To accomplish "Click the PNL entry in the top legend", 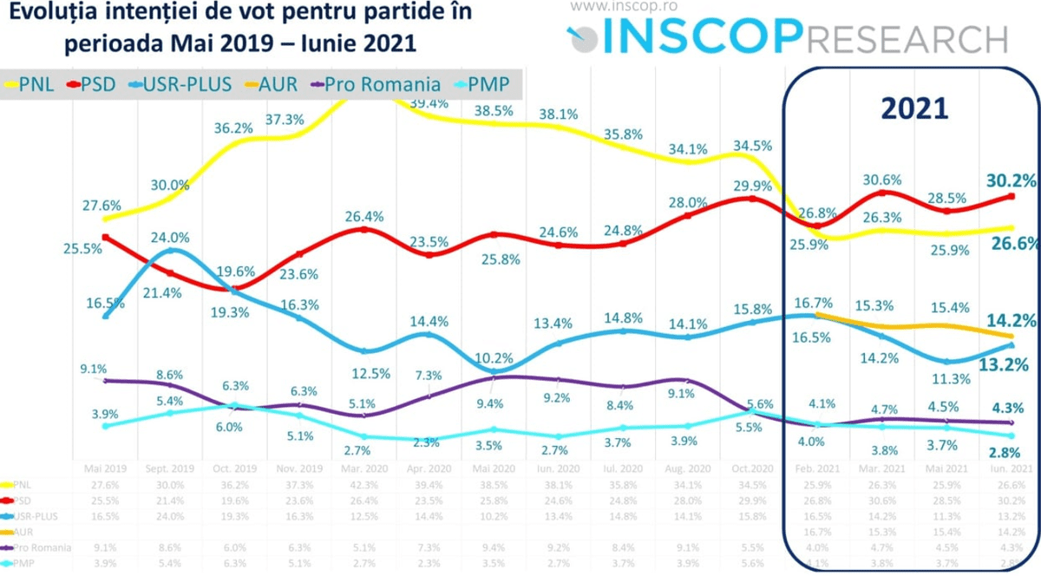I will [38, 84].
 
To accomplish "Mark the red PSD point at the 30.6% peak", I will [883, 193].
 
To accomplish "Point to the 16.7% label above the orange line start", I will [815, 303].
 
